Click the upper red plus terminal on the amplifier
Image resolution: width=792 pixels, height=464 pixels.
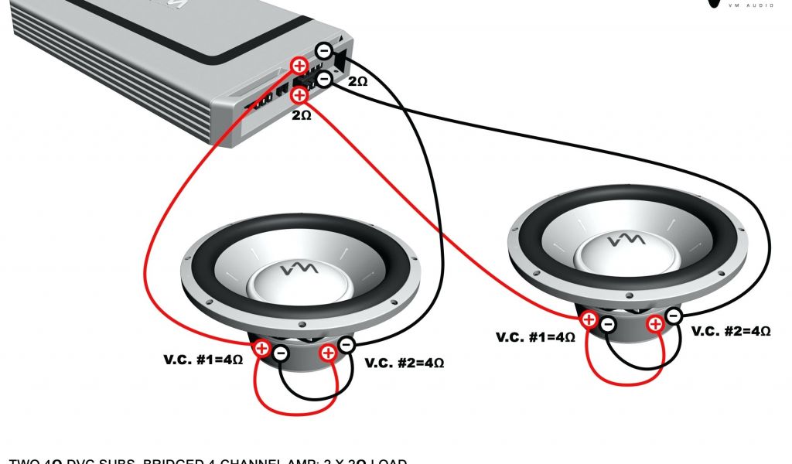299,66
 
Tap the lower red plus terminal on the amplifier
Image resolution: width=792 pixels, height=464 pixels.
299,95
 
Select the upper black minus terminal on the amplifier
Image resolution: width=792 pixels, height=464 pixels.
325,52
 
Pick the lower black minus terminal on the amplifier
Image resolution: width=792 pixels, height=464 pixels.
325,78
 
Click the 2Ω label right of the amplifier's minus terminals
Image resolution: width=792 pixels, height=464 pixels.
357,81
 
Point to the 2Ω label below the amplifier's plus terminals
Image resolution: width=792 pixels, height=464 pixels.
301,114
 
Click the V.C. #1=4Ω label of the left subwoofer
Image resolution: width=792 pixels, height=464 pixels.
202,359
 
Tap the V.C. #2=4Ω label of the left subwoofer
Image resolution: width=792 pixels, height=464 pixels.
405,362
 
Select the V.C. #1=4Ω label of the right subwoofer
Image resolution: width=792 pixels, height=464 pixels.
535,337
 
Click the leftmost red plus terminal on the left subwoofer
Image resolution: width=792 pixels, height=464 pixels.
261,348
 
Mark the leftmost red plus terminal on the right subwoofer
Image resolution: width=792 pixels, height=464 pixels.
589,319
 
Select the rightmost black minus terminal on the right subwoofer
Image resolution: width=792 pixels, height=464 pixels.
673,316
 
